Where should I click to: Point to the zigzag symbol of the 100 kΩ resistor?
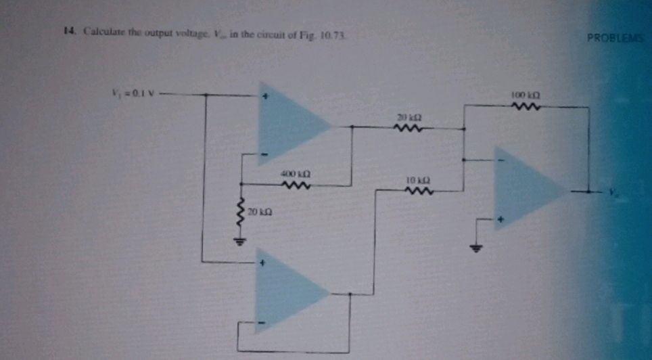pos(524,106)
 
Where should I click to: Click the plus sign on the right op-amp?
pos(501,220)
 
